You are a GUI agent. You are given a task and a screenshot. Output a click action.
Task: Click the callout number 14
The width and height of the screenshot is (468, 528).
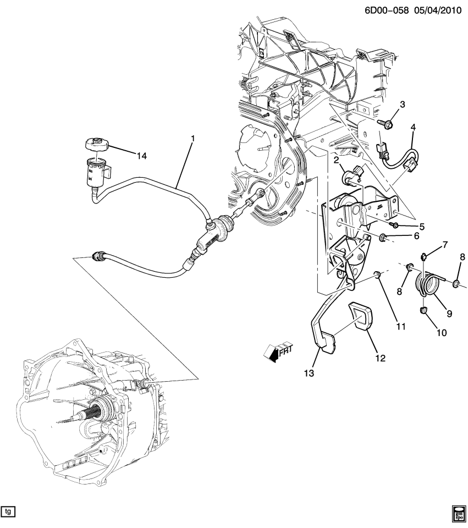click(x=142, y=156)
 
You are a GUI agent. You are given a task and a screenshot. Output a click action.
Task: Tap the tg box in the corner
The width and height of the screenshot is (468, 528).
click(x=8, y=512)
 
